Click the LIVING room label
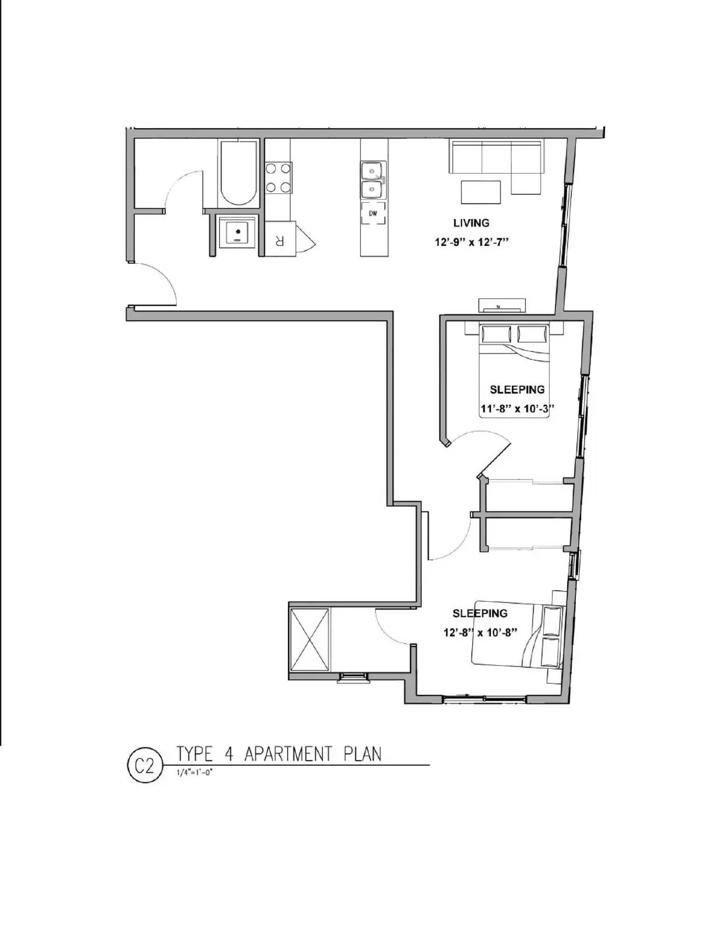pyautogui.click(x=471, y=223)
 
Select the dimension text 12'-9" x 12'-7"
pyautogui.click(x=472, y=242)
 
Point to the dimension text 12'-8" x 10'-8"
pyautogui.click(x=480, y=633)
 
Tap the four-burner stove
pyautogui.click(x=278, y=178)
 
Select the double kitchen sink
pyautogui.click(x=372, y=180)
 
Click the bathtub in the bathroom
pyautogui.click(x=239, y=172)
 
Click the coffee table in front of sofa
pyautogui.click(x=481, y=192)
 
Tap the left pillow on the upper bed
pyautogui.click(x=495, y=335)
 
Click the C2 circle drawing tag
pyautogui.click(x=143, y=766)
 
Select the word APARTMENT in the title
pyautogui.click(x=288, y=754)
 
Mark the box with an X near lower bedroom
pyautogui.click(x=310, y=640)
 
